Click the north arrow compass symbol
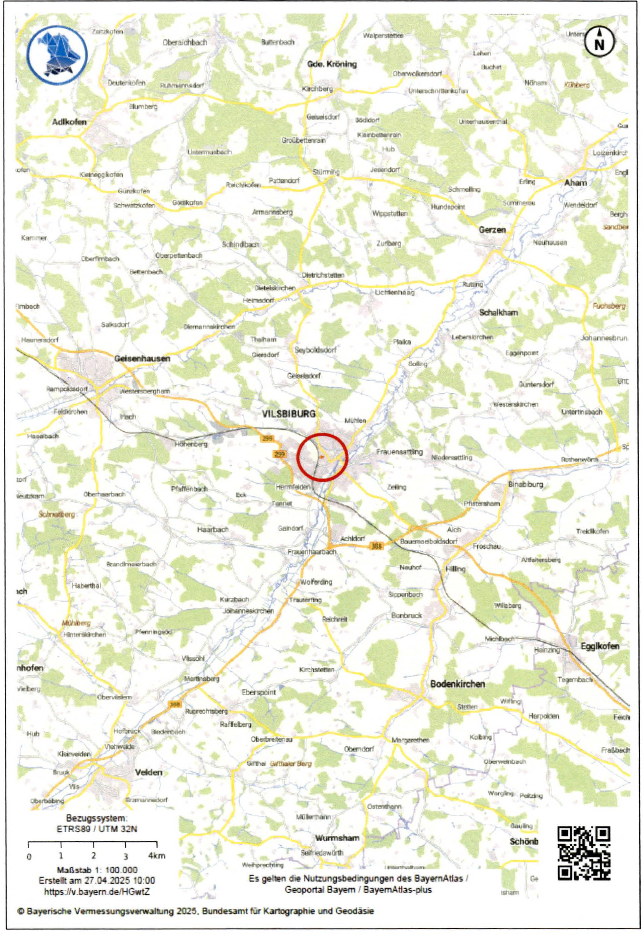point(599,41)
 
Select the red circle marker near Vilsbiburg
point(322,457)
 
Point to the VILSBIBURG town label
point(289,414)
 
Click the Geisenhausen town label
point(142,358)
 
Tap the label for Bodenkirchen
point(458,684)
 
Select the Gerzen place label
point(492,230)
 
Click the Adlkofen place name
point(69,122)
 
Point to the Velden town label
point(149,772)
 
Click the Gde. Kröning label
point(332,64)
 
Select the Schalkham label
point(498,313)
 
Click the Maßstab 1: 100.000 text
point(97,870)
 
